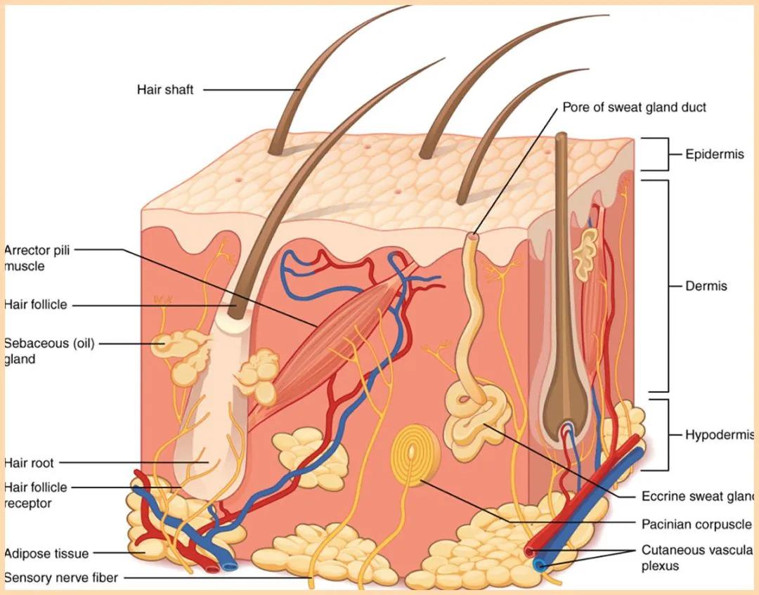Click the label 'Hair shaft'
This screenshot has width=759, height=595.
coord(165,90)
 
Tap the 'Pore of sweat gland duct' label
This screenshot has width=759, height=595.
coord(634,107)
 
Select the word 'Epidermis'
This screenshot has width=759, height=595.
coord(715,155)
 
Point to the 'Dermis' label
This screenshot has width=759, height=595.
coord(706,286)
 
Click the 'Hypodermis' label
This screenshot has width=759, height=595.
coord(720,435)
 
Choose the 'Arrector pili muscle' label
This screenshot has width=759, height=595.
coord(37,259)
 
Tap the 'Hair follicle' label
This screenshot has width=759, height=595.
coord(35,305)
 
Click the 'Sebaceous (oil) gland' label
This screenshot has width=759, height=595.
coord(49,351)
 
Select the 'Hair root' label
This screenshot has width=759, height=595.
coord(29,463)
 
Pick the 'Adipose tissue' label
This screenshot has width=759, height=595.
coord(46,554)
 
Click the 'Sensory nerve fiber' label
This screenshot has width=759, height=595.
coord(61,577)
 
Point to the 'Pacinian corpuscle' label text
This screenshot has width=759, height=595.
coord(696,524)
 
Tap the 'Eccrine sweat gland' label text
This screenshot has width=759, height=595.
coord(698,497)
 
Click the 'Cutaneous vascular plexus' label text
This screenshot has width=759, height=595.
coord(697,558)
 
